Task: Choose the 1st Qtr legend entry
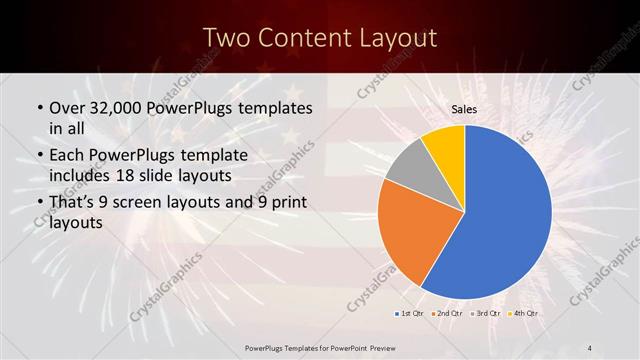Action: pyautogui.click(x=413, y=313)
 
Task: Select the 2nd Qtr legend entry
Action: pyautogui.click(x=449, y=313)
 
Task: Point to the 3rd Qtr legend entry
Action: pyautogui.click(x=487, y=313)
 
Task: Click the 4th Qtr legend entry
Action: pyautogui.click(x=524, y=313)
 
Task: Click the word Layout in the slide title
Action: pyautogui.click(x=397, y=38)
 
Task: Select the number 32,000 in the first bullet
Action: pyautogui.click(x=116, y=106)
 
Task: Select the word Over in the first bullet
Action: pyautogui.click(x=68, y=106)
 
